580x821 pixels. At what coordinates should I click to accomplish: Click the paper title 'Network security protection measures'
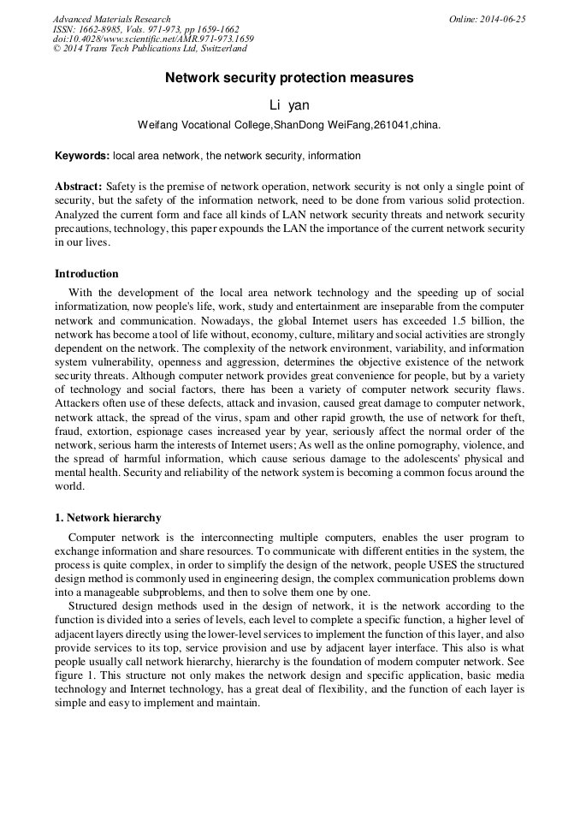pyautogui.click(x=289, y=78)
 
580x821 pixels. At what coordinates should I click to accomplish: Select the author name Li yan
pyautogui.click(x=289, y=105)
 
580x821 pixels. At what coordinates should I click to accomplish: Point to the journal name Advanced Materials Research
pyautogui.click(x=111, y=19)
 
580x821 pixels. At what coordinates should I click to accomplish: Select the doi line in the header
pyautogui.click(x=153, y=39)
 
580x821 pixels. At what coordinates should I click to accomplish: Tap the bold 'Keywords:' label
pyautogui.click(x=82, y=156)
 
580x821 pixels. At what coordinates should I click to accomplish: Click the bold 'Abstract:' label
pyautogui.click(x=79, y=186)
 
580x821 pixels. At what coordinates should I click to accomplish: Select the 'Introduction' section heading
pyautogui.click(x=86, y=274)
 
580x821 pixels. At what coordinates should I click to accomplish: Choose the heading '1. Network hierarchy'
pyautogui.click(x=108, y=518)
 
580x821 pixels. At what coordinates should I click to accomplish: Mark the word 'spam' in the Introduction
pyautogui.click(x=264, y=418)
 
